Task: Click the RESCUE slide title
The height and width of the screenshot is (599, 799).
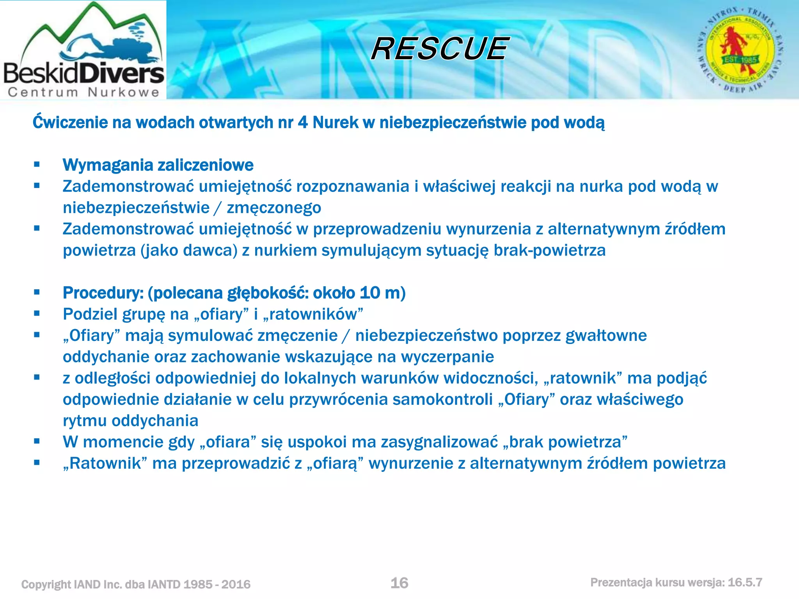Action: (440, 49)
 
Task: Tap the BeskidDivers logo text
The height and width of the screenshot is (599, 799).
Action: (83, 73)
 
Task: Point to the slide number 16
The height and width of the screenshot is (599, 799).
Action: (399, 583)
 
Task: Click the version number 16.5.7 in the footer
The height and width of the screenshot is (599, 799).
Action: (745, 583)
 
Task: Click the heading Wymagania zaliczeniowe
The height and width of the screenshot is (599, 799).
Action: (158, 165)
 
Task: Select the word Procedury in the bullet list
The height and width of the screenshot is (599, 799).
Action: (103, 293)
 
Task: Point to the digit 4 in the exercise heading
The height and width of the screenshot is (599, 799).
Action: (303, 122)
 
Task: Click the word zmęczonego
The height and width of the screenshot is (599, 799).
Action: (274, 208)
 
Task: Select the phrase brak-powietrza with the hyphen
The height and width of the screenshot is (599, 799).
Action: (549, 250)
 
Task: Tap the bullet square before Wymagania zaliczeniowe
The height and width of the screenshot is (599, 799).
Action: (37, 165)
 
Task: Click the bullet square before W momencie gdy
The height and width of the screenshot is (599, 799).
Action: (37, 441)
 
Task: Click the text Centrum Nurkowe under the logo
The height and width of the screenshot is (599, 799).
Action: (83, 92)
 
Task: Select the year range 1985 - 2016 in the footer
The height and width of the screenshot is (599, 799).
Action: (217, 584)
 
